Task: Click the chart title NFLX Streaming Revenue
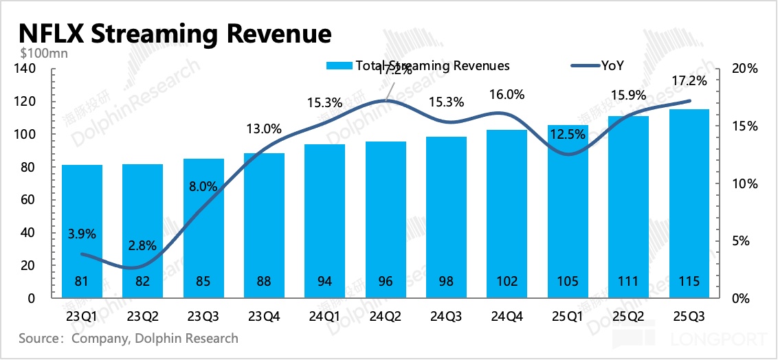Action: coord(175,33)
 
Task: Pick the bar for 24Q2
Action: coord(386,220)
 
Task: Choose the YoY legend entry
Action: coord(612,66)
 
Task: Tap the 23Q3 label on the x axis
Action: coord(203,317)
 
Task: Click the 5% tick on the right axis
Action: coord(742,241)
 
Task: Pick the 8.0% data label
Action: coord(203,186)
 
